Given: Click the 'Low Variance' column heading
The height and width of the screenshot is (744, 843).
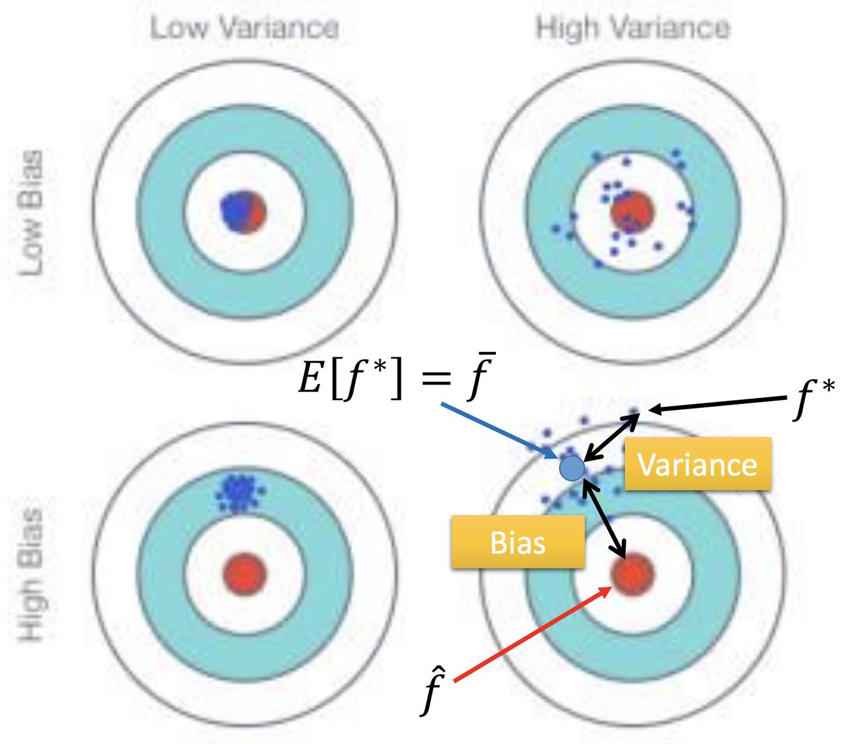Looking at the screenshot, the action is tap(245, 28).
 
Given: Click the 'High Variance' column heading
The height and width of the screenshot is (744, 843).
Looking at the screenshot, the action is tap(633, 28).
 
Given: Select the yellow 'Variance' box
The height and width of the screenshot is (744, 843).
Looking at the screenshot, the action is tap(697, 464).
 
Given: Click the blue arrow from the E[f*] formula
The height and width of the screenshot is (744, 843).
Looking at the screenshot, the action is tap(498, 428).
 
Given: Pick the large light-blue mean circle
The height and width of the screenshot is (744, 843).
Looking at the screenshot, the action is tap(572, 468).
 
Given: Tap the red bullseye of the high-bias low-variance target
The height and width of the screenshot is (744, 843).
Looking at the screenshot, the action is tap(245, 572).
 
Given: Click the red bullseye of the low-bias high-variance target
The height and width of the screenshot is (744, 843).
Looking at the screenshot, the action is tap(632, 212).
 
